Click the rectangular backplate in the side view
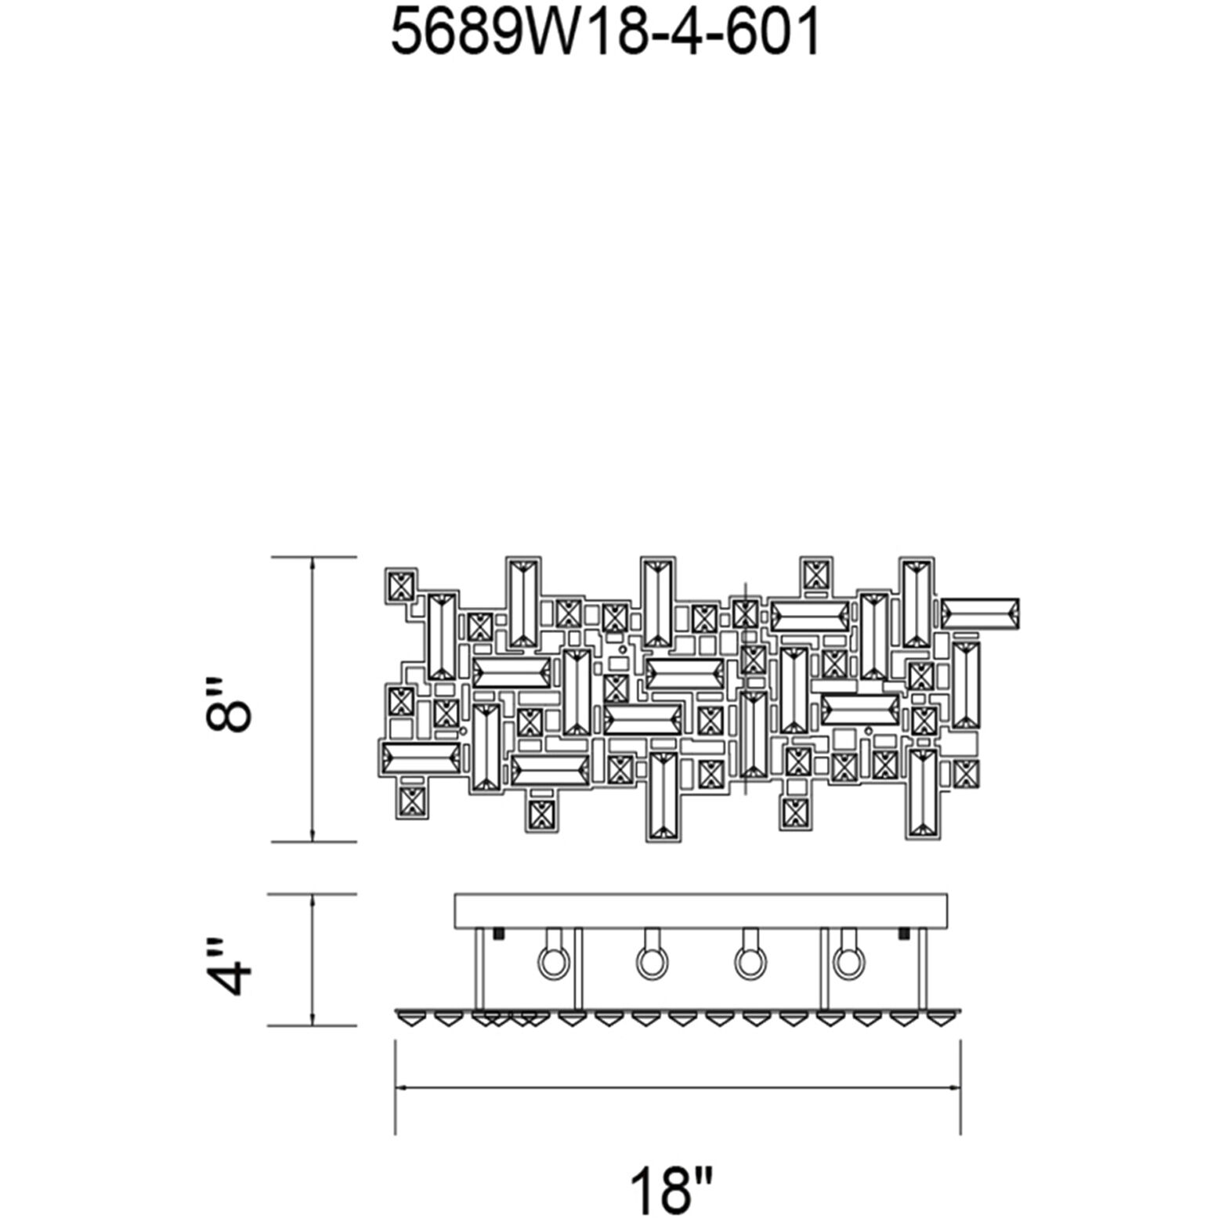tap(701, 910)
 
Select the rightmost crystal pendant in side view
tap(937, 1018)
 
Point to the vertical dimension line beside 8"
tap(313, 700)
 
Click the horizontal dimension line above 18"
tap(677, 1088)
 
